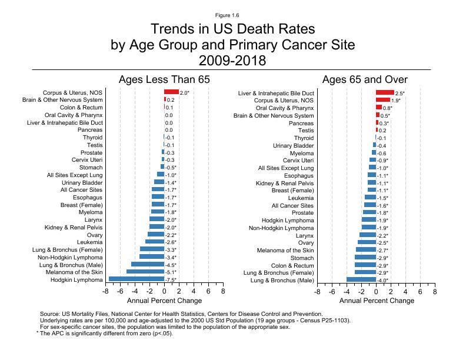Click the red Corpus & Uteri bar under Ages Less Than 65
coord(171,92)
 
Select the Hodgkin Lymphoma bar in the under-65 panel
coord(137,279)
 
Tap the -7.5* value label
coord(172,280)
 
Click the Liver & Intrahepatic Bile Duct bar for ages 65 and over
coord(385,93)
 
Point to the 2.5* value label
coord(400,94)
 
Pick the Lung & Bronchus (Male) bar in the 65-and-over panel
coord(361,280)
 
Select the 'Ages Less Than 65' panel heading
coord(164,79)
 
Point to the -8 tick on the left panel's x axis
coord(105,291)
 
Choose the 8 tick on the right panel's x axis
coord(435,291)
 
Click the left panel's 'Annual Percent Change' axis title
coord(164,301)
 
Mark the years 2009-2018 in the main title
coord(232,60)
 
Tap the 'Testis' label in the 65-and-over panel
coord(305,131)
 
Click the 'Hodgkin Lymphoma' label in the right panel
coord(288,220)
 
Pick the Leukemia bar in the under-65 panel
coord(155,242)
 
